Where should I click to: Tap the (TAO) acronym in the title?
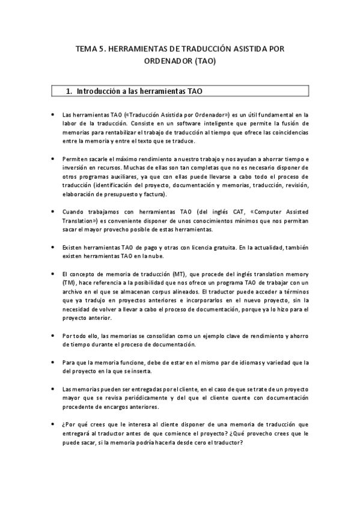tap(204, 61)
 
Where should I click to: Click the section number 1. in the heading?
tap(69, 91)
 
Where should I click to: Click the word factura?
tap(156, 194)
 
